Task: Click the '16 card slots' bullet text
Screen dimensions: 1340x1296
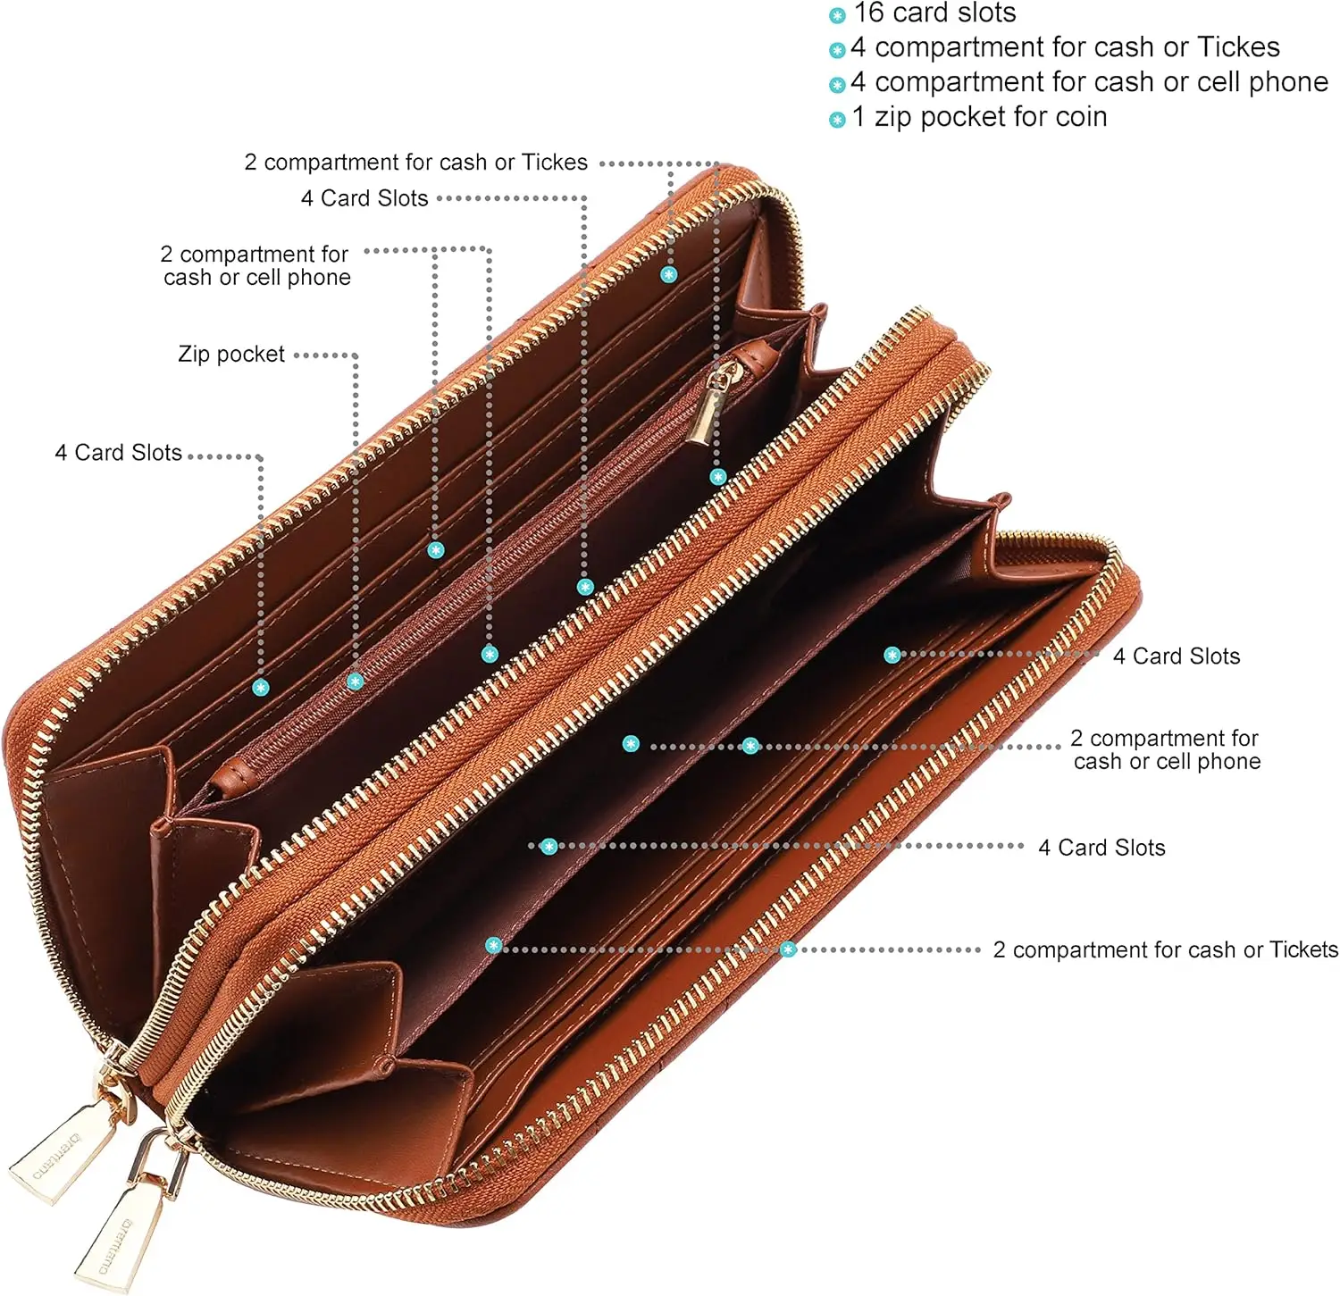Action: (934, 13)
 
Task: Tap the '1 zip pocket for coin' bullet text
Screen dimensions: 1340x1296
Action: (979, 117)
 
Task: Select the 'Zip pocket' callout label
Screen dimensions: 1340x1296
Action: (231, 355)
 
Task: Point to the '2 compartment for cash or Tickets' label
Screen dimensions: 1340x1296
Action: (1165, 950)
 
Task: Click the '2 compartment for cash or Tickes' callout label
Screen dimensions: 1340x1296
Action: (416, 163)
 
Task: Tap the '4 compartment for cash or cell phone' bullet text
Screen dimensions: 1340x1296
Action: (1089, 82)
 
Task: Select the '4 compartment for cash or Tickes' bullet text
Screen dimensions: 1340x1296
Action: (1065, 47)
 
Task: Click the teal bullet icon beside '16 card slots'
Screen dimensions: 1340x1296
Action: (837, 15)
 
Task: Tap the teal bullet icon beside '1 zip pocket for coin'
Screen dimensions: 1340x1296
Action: (837, 120)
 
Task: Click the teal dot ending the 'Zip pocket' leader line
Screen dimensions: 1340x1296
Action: (355, 681)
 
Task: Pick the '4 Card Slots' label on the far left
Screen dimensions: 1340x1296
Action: (119, 453)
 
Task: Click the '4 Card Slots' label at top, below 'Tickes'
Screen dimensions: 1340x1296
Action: (364, 198)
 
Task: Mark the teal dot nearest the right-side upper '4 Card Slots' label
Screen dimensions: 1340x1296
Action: (892, 655)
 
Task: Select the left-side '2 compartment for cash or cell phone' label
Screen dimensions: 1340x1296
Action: (256, 266)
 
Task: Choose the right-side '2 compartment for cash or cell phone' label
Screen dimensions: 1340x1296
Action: (1166, 750)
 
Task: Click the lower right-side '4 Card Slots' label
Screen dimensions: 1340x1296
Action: (1101, 848)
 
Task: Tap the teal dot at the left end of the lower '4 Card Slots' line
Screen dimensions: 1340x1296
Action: (549, 846)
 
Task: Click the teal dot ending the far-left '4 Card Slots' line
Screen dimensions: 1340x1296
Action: (261, 687)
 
